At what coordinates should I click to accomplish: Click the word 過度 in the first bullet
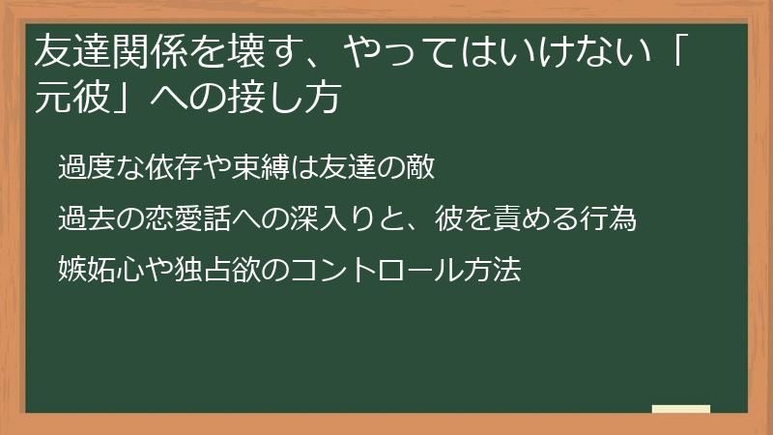point(82,167)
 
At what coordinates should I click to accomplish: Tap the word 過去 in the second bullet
point(82,219)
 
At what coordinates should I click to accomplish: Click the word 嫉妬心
point(95,270)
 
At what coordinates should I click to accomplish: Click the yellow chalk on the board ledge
point(680,410)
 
